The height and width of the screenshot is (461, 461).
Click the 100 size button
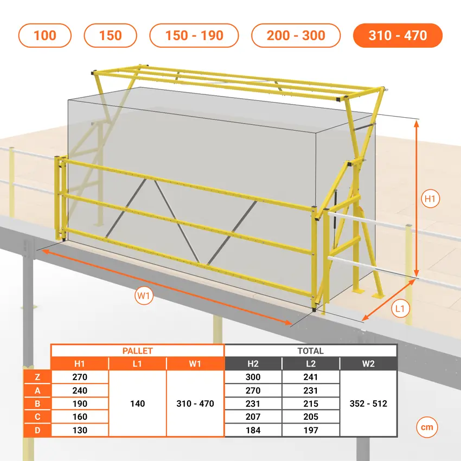click(44, 35)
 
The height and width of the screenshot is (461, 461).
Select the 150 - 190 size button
click(194, 35)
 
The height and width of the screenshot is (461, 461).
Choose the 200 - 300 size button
click(296, 35)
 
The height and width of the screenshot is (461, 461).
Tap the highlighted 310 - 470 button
click(398, 35)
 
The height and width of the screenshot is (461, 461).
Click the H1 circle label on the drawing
click(430, 199)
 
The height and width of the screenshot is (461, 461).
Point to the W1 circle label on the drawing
click(144, 296)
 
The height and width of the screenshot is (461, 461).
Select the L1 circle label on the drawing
click(400, 309)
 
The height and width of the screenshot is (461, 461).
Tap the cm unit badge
click(427, 427)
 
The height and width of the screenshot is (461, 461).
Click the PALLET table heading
click(138, 351)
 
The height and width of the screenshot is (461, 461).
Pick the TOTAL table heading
click(310, 351)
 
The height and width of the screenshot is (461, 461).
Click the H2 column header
click(253, 364)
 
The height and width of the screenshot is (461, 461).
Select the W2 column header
click(368, 364)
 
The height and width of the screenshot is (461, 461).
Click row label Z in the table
click(37, 377)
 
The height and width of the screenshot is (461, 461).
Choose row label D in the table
click(37, 430)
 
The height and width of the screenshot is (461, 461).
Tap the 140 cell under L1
click(138, 404)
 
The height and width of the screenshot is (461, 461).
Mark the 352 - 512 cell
click(368, 404)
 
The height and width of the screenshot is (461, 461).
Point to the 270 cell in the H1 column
click(80, 377)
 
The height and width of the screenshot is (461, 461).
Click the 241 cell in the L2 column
click(311, 377)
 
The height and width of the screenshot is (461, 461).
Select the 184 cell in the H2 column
click(253, 430)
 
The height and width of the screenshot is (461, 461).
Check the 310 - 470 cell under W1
click(195, 404)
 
